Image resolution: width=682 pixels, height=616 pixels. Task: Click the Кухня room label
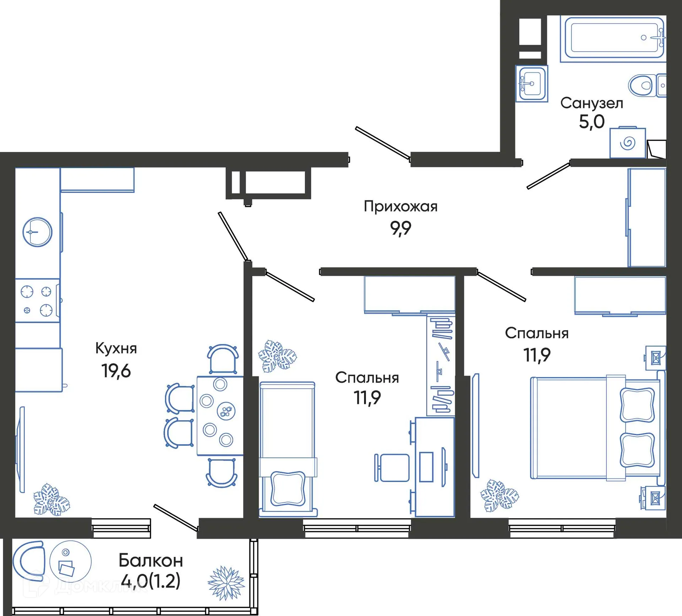(116, 348)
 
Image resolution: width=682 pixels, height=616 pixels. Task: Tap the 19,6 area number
(116, 371)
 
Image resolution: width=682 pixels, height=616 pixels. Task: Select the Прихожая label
(400, 207)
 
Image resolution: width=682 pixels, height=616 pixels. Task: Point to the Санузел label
(591, 103)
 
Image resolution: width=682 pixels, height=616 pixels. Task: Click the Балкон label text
(151, 561)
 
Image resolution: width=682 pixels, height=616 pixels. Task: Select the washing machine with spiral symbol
(627, 143)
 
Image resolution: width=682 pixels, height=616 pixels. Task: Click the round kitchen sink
(37, 232)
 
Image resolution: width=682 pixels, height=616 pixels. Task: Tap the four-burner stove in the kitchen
(37, 301)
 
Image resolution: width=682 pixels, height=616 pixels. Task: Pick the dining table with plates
(220, 416)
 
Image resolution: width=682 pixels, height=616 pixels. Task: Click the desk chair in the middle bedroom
(393, 468)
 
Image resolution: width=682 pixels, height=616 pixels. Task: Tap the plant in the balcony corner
(226, 582)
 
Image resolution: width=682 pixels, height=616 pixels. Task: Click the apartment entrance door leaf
(383, 143)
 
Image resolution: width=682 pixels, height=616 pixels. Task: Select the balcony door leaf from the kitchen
(175, 518)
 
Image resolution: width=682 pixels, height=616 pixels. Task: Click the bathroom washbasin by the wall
(531, 84)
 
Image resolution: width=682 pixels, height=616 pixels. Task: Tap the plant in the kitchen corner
(52, 499)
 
